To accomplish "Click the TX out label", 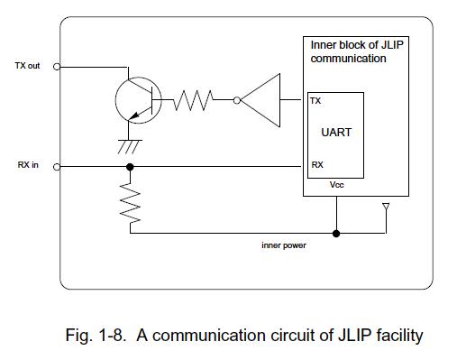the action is [x=27, y=66].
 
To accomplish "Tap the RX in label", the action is [x=28, y=165].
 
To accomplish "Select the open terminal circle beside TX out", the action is [x=57, y=67].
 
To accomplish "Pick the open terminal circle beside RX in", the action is [x=57, y=167].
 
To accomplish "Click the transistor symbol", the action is [x=139, y=100].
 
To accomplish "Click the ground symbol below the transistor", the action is [x=130, y=147].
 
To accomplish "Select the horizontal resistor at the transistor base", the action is [x=193, y=100].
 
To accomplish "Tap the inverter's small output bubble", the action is [x=237, y=100].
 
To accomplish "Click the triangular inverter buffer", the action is [x=260, y=100].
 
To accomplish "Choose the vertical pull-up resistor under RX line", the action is [x=130, y=203].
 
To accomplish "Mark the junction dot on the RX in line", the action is [x=130, y=167].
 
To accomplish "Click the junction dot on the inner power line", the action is [x=336, y=234].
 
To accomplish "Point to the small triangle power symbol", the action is [x=386, y=207].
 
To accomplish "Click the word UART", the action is [x=336, y=133].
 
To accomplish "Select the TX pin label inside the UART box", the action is [x=315, y=101].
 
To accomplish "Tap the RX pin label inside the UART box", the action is [x=317, y=165].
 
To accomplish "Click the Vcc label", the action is [x=336, y=185].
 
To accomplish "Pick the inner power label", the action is [x=284, y=245].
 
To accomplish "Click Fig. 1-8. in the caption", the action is [x=96, y=335].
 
